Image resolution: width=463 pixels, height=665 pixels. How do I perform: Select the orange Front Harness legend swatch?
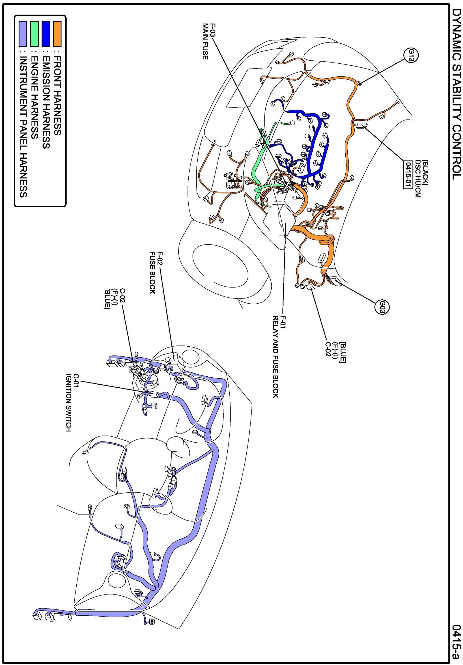[x=57, y=34]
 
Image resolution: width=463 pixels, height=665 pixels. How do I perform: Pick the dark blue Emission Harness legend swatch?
[x=46, y=34]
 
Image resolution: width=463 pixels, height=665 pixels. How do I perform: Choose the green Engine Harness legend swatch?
[x=34, y=34]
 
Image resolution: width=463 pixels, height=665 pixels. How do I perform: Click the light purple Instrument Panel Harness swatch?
[x=23, y=34]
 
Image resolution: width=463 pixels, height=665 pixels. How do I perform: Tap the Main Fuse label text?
[x=205, y=41]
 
